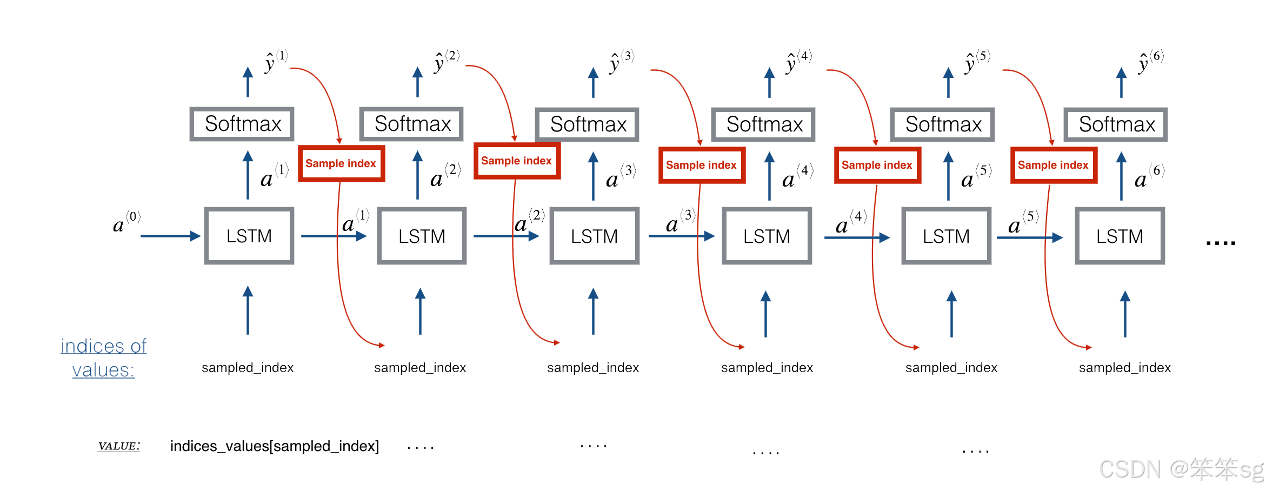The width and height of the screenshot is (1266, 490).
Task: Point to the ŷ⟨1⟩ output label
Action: click(x=276, y=61)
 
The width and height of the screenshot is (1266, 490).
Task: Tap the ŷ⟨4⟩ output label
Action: click(x=798, y=62)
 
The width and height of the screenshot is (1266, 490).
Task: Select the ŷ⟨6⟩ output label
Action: click(x=1150, y=62)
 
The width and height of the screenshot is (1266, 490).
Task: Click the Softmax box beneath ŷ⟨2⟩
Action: click(x=412, y=124)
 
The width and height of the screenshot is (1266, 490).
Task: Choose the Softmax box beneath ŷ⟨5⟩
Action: click(x=943, y=124)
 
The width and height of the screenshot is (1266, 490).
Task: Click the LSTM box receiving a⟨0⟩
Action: click(x=249, y=236)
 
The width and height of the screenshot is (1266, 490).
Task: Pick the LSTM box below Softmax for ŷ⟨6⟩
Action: click(x=1120, y=236)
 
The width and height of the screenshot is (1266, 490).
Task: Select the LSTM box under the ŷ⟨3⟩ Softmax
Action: click(x=594, y=236)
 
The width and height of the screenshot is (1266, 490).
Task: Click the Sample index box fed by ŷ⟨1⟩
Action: click(x=341, y=163)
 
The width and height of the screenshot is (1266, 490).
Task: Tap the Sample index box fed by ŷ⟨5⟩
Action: click(x=1053, y=165)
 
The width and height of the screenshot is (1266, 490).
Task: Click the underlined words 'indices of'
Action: click(x=103, y=346)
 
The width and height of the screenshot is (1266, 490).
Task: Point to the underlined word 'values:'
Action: click(x=103, y=370)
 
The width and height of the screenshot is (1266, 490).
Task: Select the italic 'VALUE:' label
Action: click(x=119, y=446)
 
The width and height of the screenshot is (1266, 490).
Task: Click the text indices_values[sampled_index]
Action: click(x=274, y=446)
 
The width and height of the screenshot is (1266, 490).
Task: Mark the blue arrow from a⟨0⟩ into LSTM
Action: click(x=170, y=236)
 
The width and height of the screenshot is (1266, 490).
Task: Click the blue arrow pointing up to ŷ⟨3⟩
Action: click(x=593, y=82)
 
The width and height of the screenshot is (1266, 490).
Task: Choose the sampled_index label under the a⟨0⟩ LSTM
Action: click(x=248, y=368)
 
